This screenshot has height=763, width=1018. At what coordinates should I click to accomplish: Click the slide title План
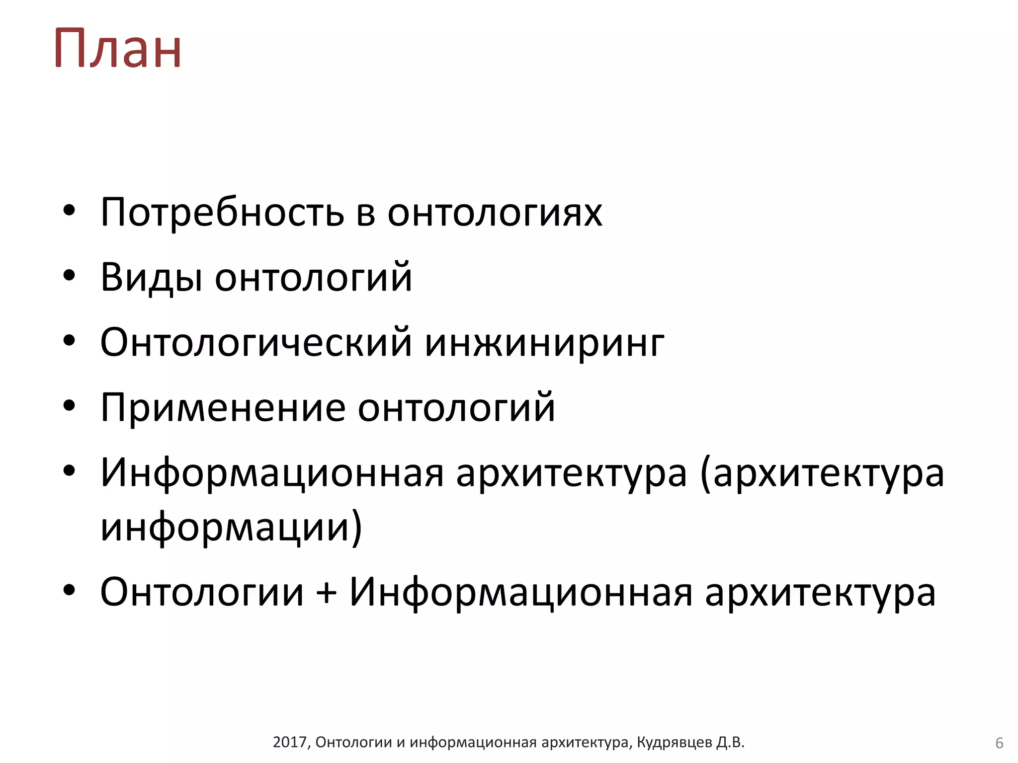tap(118, 48)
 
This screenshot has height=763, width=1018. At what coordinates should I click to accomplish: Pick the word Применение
tap(223, 408)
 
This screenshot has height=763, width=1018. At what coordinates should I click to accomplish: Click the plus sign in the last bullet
tap(327, 592)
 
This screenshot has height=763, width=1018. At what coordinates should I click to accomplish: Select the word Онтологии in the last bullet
tap(202, 592)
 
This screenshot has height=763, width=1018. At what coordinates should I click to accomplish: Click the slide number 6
tap(999, 743)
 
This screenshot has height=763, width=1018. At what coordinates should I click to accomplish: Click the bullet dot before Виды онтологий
tap(69, 275)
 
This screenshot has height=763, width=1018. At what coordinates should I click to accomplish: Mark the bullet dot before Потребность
tap(69, 210)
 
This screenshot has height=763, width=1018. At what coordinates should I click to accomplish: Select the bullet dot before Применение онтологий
tap(69, 405)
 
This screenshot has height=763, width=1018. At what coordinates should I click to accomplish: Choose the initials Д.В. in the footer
tap(730, 742)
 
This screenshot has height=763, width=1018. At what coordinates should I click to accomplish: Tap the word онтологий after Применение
tap(456, 408)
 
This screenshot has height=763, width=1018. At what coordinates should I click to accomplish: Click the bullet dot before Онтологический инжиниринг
tap(69, 340)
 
